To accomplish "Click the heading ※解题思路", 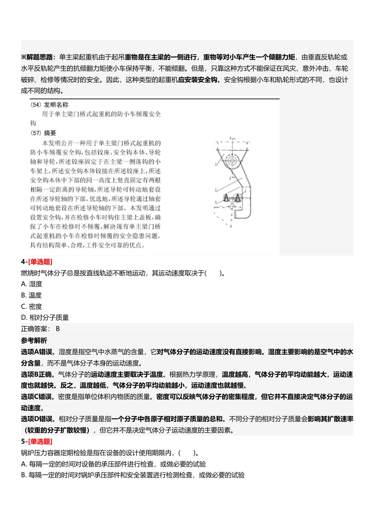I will (x=38, y=57).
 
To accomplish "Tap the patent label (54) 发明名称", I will (x=49, y=105).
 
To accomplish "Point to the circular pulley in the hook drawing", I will (x=232, y=160).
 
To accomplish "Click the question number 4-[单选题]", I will (x=36, y=262).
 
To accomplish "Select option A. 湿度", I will (x=32, y=284).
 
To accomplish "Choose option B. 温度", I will (x=31, y=295).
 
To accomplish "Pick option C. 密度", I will (x=32, y=306).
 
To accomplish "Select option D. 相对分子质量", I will (x=45, y=317).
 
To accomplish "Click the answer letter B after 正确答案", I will (x=58, y=329).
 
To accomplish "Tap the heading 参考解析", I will (x=34, y=340).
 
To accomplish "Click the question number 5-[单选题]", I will (x=36, y=441).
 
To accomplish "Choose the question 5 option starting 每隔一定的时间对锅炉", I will (x=133, y=475).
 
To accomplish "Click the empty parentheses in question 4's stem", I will (x=213, y=273).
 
